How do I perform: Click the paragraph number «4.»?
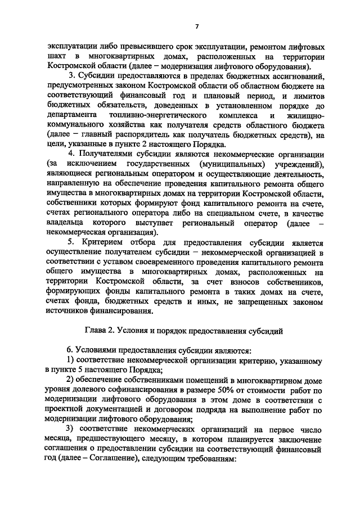click(x=71, y=155)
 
